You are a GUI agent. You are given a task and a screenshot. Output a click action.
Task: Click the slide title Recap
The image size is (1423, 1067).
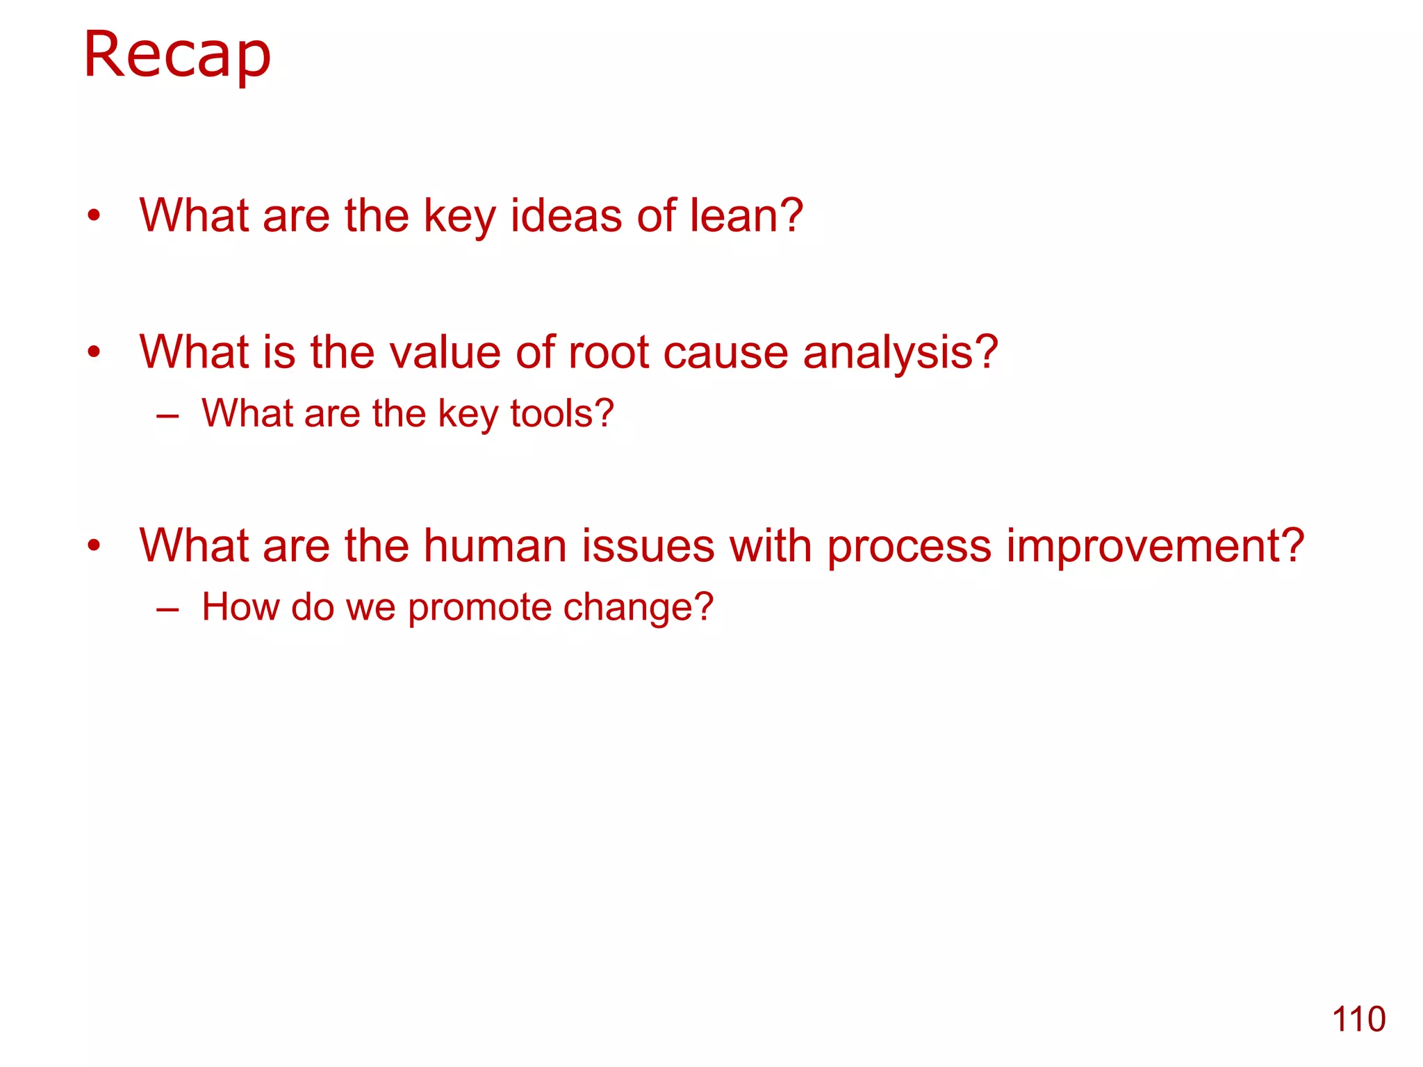click(x=176, y=56)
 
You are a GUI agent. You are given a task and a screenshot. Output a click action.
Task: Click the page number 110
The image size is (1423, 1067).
click(x=1358, y=1020)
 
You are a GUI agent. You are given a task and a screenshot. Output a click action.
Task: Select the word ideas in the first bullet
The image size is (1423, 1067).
click(x=566, y=215)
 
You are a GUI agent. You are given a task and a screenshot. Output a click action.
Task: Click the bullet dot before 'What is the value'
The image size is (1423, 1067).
click(x=94, y=352)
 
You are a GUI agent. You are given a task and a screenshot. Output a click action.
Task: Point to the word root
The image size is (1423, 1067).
click(x=609, y=352)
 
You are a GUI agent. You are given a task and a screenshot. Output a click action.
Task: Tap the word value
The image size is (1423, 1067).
click(x=445, y=352)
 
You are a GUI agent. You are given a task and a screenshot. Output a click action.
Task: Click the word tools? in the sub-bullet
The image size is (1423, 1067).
click(x=561, y=413)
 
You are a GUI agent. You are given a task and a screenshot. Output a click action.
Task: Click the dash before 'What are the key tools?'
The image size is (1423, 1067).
click(x=167, y=417)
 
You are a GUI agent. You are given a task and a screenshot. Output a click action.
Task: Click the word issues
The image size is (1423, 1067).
click(x=648, y=546)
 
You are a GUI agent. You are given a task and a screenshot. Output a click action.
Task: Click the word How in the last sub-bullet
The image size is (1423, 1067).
click(x=240, y=606)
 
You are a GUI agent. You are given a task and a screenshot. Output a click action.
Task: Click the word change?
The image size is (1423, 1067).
click(x=638, y=608)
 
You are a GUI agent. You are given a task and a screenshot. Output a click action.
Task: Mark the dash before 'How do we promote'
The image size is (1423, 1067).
click(x=167, y=611)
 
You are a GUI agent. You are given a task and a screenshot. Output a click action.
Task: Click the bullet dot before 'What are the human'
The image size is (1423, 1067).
click(x=94, y=546)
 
